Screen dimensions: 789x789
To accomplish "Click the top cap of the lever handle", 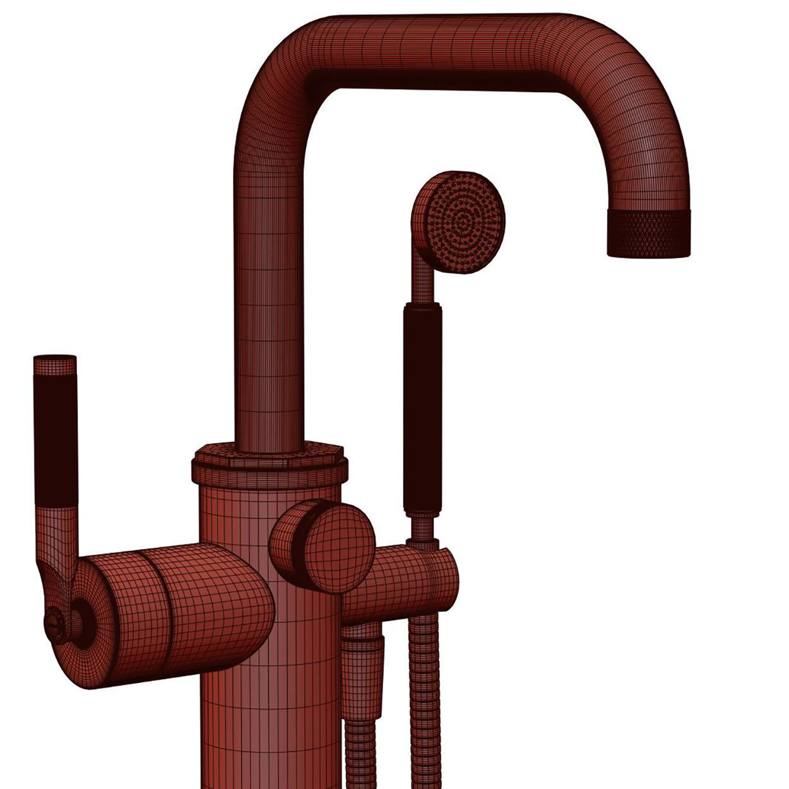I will pos(55,364).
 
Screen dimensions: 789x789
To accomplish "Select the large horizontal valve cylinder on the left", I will pos(177,609).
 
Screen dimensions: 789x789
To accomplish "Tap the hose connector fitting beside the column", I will pos(363,669).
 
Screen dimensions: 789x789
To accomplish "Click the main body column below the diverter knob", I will pos(271,694).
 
